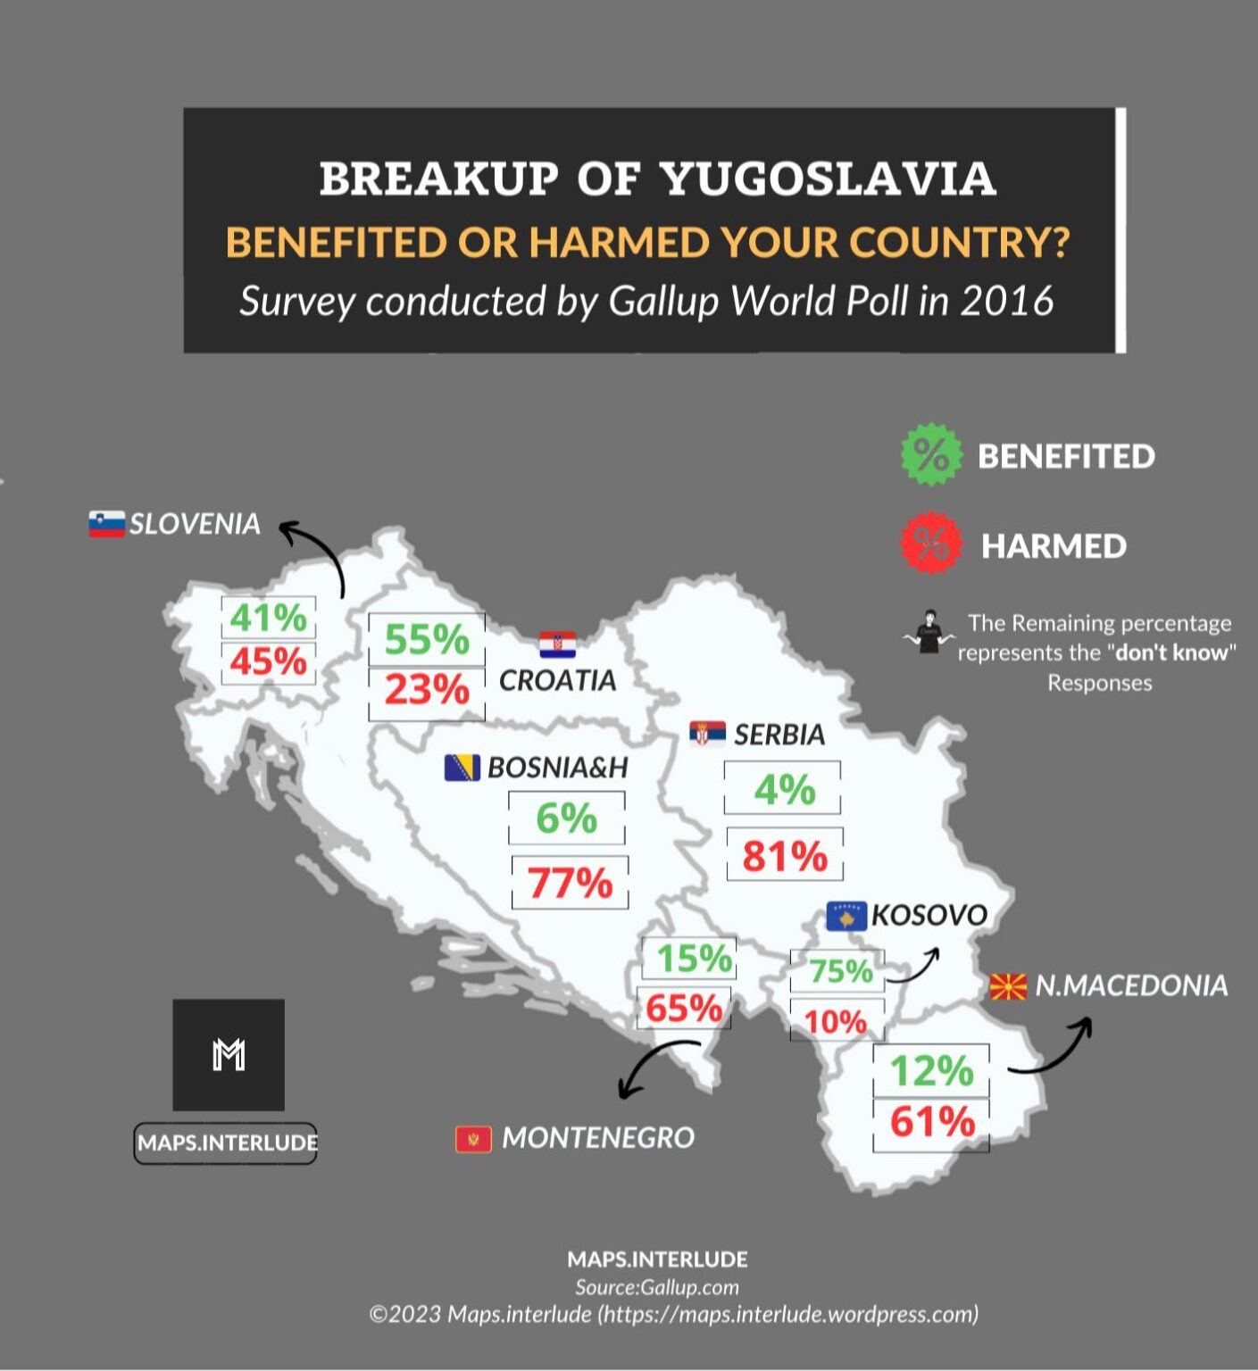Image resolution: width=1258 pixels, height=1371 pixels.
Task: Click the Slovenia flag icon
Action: click(x=106, y=524)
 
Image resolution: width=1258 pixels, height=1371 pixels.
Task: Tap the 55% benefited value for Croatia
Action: click(x=427, y=639)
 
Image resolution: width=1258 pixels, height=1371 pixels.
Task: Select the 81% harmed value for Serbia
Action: click(x=785, y=856)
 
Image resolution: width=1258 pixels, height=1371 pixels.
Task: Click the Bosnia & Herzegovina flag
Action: click(x=462, y=768)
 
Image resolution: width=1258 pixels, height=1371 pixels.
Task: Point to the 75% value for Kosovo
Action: click(x=840, y=970)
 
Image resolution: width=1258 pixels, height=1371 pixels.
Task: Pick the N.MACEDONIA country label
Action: click(x=1131, y=985)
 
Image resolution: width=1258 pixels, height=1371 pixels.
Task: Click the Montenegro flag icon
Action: click(x=473, y=1139)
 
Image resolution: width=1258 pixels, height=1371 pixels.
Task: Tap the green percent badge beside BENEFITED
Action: click(x=931, y=454)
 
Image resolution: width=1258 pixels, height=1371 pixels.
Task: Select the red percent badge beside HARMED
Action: click(x=931, y=543)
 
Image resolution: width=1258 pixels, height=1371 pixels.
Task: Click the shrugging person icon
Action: click(x=929, y=632)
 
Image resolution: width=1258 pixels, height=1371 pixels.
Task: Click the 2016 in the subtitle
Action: click(x=1006, y=301)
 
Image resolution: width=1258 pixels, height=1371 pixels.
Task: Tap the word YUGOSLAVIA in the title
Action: click(x=828, y=179)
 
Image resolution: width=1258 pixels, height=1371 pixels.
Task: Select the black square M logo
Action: click(x=229, y=1055)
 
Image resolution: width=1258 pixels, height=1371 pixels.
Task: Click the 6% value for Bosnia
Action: click(x=566, y=818)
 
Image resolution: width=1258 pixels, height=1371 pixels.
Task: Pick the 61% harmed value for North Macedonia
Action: click(x=931, y=1122)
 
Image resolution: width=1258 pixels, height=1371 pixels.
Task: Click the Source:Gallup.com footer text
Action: click(x=657, y=1287)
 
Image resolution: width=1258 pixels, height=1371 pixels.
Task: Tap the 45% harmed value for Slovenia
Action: click(x=268, y=662)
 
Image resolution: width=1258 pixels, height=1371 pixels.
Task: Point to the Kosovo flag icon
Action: click(x=846, y=916)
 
